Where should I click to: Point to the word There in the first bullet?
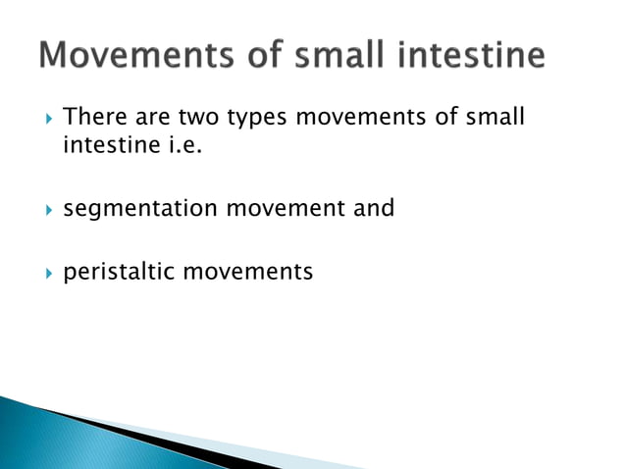pos(91,118)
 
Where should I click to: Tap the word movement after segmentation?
pos(281,208)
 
